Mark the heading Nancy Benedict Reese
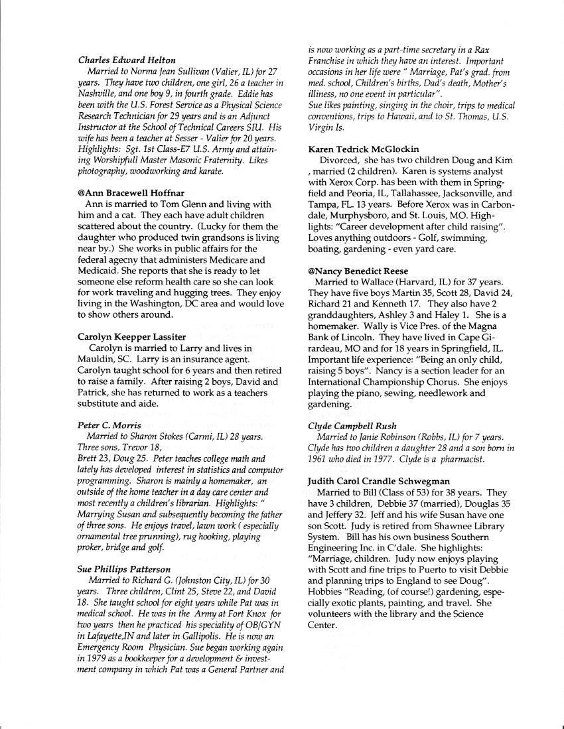358,271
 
